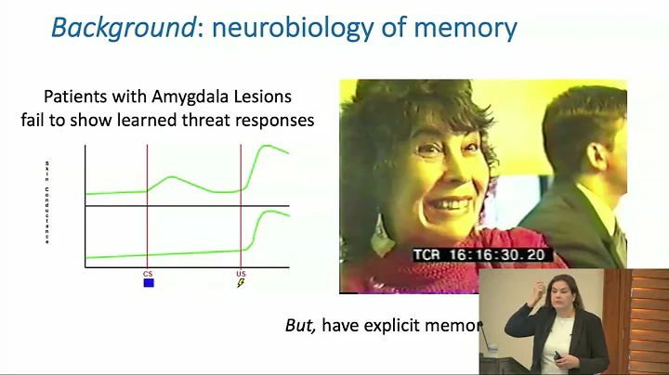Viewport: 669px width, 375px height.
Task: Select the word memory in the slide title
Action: click(463, 29)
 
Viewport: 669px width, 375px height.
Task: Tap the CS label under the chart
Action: click(148, 274)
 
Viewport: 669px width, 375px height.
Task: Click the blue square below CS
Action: click(148, 283)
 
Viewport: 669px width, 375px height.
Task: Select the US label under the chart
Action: click(240, 274)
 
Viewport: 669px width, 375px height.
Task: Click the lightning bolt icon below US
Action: click(240, 283)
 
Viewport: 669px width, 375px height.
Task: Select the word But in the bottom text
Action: click(300, 326)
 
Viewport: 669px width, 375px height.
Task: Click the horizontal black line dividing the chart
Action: click(186, 206)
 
